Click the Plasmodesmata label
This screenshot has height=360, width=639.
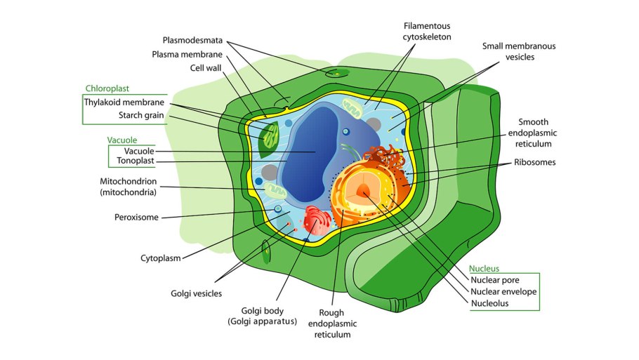(x=192, y=40)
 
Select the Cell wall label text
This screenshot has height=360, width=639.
(x=206, y=68)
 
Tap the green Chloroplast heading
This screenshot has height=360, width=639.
(x=107, y=88)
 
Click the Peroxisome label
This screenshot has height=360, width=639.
(x=136, y=217)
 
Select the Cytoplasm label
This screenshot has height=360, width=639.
(x=161, y=258)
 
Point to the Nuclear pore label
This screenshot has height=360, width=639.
(x=495, y=279)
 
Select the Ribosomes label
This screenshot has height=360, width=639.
(x=534, y=162)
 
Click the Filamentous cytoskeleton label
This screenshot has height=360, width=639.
(x=427, y=31)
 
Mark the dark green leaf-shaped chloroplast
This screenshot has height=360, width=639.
(x=268, y=138)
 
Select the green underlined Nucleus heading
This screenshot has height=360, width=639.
(x=484, y=268)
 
